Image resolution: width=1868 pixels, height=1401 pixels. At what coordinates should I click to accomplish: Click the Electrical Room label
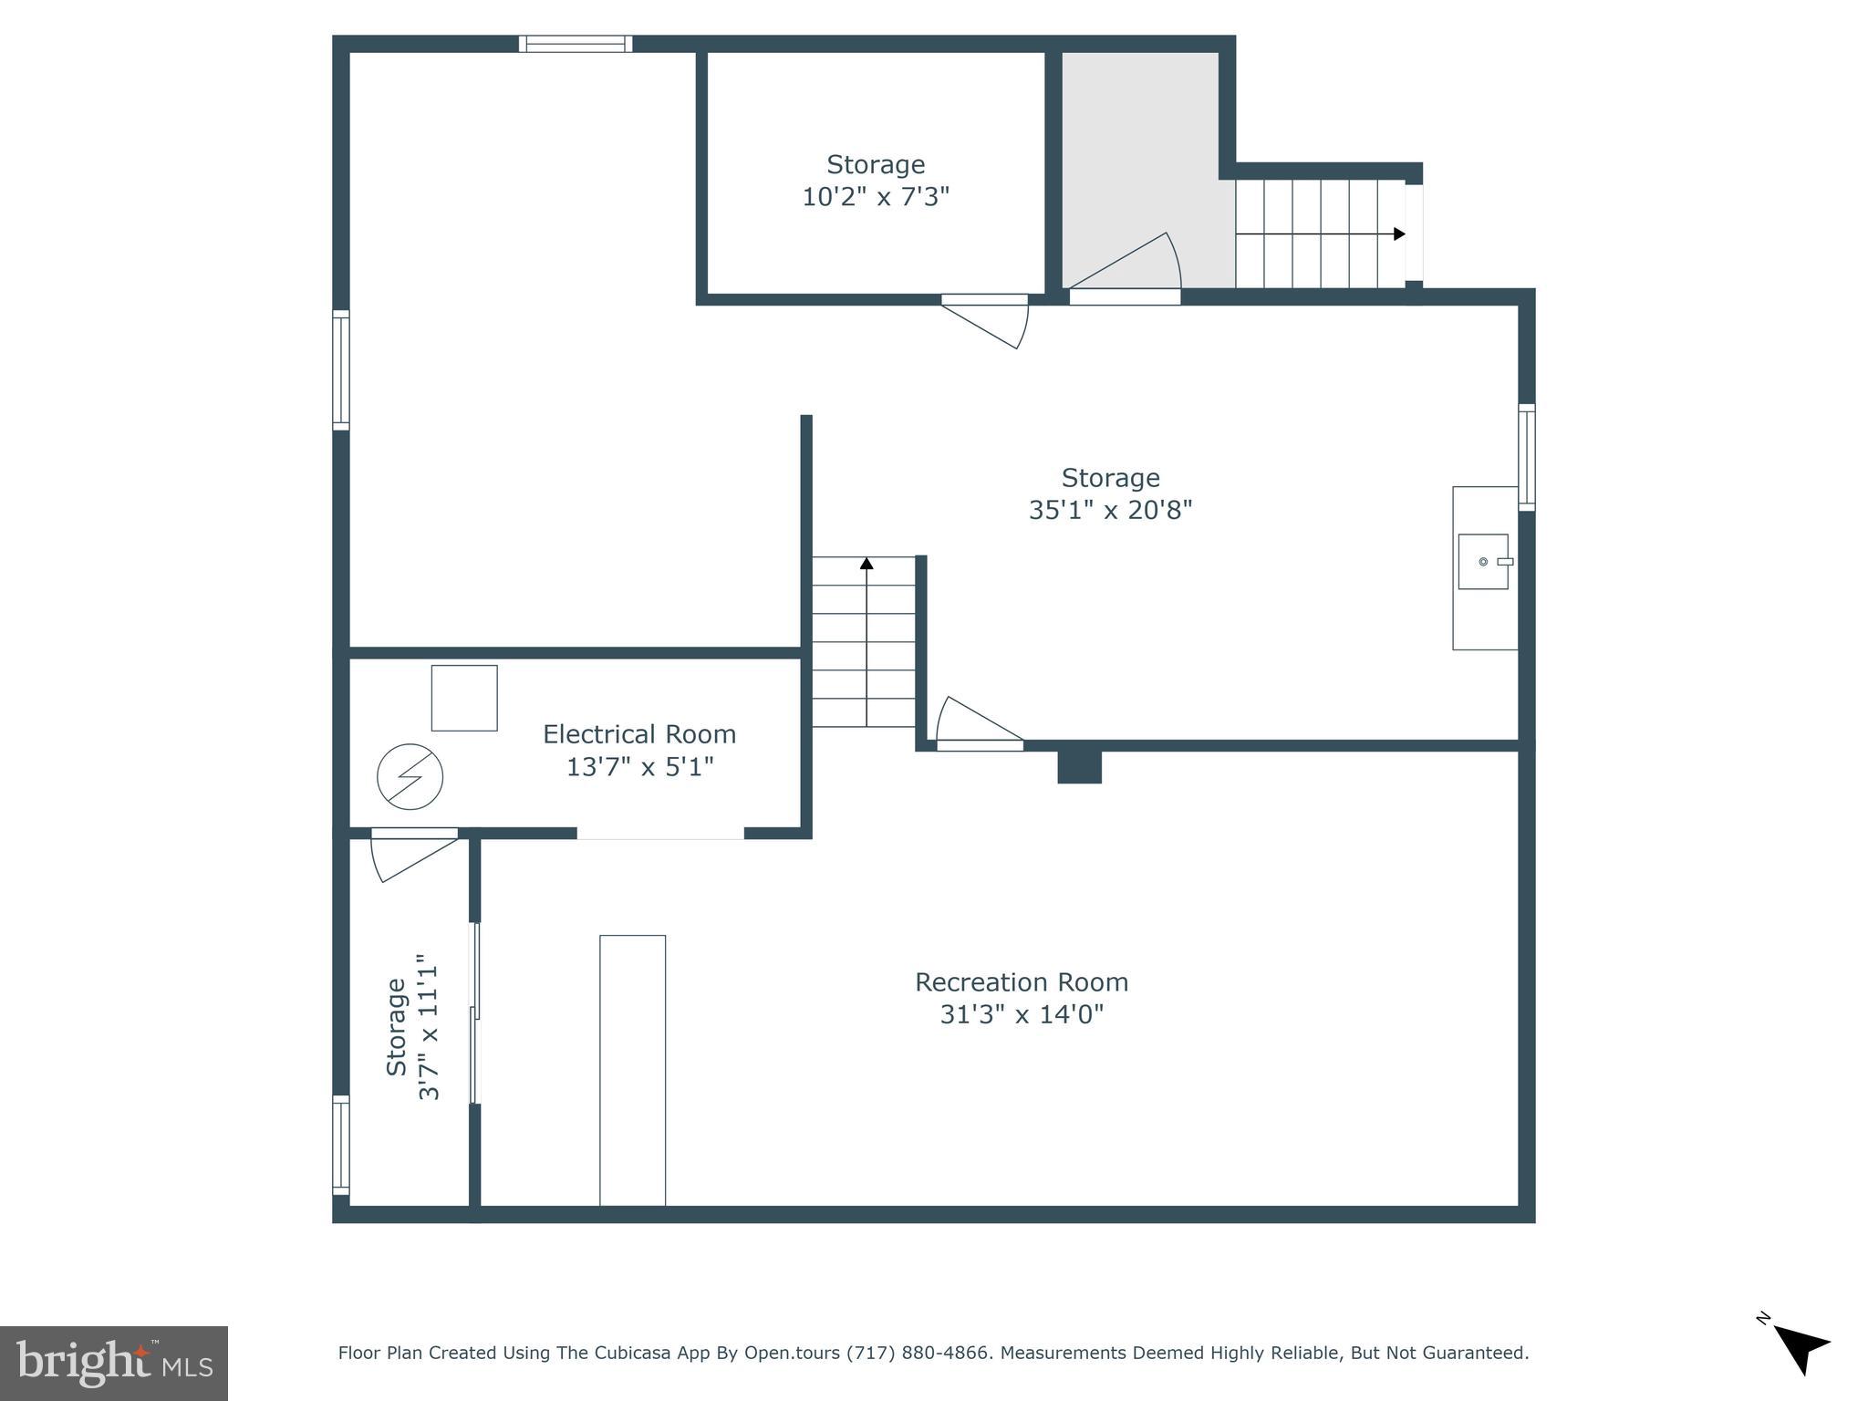(x=638, y=734)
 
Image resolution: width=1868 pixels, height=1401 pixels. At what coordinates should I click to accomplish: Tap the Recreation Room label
(x=1022, y=982)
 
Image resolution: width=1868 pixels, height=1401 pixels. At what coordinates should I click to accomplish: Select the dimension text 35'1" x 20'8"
(x=1110, y=510)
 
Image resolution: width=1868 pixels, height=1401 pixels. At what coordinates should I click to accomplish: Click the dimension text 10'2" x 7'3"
(x=876, y=197)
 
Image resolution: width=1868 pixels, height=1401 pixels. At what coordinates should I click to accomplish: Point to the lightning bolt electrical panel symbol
(x=410, y=777)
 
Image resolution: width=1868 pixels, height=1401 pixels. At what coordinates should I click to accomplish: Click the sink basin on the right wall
(x=1482, y=562)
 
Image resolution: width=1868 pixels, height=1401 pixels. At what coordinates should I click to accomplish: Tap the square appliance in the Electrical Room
(x=464, y=698)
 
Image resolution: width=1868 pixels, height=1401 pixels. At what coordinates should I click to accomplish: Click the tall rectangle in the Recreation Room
(x=632, y=1070)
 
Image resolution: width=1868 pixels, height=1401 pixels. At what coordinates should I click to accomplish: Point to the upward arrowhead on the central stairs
(x=867, y=564)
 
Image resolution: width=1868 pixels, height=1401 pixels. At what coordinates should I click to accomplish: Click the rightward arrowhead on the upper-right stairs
(x=1399, y=234)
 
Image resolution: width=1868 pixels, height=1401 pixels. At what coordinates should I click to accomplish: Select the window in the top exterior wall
(x=576, y=44)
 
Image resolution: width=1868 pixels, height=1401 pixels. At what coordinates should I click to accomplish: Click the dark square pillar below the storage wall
(x=1079, y=766)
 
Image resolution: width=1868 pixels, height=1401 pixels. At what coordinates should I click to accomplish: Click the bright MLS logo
(x=114, y=1363)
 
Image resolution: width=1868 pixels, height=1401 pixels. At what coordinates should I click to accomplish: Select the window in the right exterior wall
(x=1526, y=457)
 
